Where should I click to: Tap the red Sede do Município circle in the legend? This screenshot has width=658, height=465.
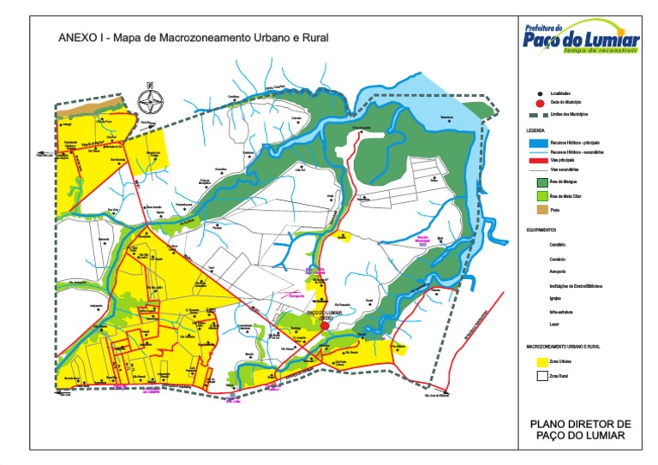coord(540,103)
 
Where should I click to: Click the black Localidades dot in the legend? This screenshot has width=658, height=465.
coord(540,92)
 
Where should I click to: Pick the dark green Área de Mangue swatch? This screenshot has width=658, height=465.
coord(541,182)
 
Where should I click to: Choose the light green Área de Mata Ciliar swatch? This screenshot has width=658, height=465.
coord(541,196)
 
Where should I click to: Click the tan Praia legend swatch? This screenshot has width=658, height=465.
coord(541,210)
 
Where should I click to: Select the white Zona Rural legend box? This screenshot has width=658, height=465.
coord(541,375)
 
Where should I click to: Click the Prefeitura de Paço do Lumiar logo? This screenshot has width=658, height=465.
coord(582,39)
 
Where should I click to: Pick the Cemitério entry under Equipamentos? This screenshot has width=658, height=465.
coord(558,244)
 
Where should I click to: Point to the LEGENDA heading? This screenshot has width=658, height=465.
coord(535,130)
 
